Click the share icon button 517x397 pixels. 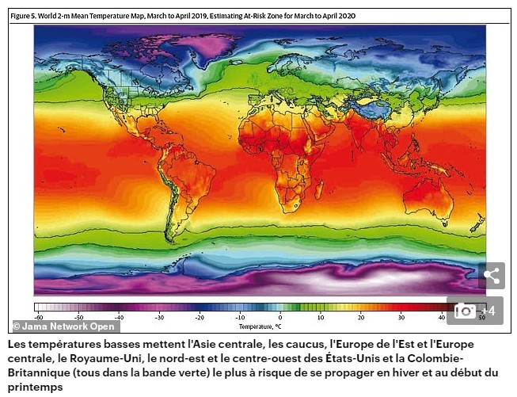[x=491, y=276]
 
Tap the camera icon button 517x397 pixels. [x=465, y=311]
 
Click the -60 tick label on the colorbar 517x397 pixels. [x=37, y=317]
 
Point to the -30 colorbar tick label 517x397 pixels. [x=158, y=317]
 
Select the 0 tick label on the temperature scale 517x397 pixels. [x=280, y=317]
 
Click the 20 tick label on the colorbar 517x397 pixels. [x=360, y=317]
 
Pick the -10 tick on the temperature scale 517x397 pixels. [x=239, y=317]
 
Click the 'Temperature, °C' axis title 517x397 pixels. [x=260, y=326]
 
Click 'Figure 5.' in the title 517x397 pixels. [x=25, y=15]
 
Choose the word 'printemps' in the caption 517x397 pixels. [x=35, y=387]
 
